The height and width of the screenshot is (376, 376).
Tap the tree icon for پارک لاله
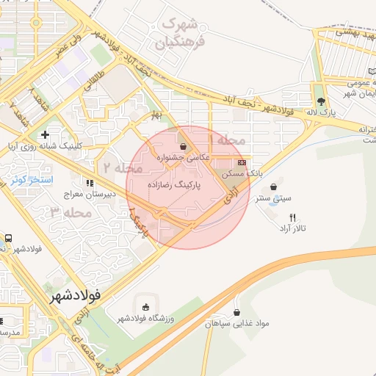320,101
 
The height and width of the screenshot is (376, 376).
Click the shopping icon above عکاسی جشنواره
183,146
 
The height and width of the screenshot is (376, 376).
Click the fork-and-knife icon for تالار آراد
292,217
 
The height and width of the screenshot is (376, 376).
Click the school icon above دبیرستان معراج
90,183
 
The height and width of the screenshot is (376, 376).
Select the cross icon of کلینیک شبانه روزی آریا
46,134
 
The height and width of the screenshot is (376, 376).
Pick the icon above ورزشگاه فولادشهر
145,306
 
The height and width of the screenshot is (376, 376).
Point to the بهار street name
155,117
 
